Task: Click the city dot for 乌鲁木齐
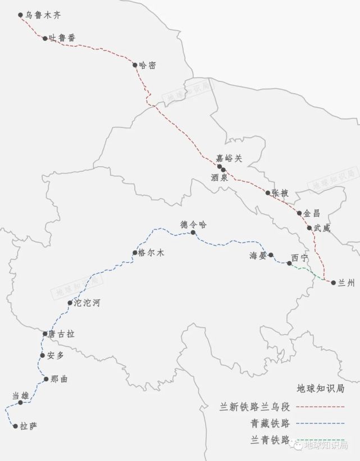coord(21,15)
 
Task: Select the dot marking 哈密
coord(135,65)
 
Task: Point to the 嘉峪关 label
coord(229,158)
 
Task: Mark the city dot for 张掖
coord(268,193)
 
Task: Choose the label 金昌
coord(312,213)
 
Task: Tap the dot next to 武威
coord(309,228)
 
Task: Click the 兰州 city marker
coord(334,282)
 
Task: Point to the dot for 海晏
coord(270,255)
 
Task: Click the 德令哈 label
coord(194,224)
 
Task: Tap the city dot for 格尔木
coord(134,253)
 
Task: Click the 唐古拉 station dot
coord(45,334)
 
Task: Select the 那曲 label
coord(59,379)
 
